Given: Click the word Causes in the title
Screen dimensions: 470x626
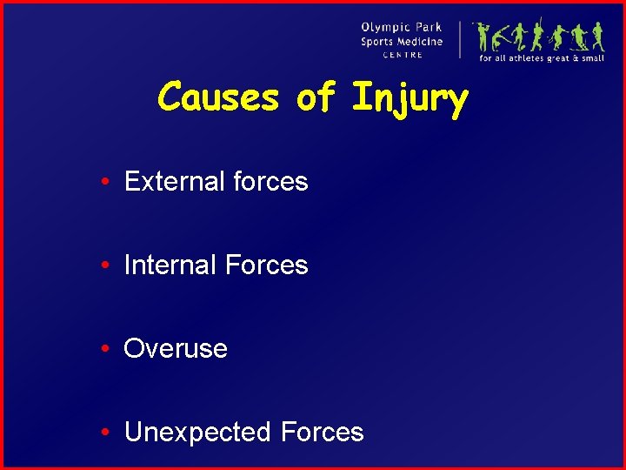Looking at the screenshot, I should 217,97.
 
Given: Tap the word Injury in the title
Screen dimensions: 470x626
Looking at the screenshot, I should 410,99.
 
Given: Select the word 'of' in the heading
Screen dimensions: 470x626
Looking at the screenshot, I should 315,97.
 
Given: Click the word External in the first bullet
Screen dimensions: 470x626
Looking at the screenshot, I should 175,181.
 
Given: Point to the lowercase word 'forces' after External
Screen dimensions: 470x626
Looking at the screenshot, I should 270,181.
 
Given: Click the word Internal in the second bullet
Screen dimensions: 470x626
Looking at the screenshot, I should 170,265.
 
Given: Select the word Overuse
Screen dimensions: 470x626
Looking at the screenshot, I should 176,348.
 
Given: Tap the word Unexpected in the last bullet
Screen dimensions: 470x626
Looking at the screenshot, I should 198,432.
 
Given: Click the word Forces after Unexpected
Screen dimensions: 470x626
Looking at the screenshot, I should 322,432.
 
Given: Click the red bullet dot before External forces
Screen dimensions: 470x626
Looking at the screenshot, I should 103,182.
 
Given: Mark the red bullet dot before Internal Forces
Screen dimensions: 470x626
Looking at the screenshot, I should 103,265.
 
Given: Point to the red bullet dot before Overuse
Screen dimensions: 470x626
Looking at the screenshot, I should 103,349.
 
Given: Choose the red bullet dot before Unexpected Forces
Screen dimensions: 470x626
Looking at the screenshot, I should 103,433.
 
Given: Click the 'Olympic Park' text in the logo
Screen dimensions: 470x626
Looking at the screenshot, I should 402,28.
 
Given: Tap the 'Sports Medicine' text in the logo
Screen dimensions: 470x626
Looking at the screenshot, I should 402,42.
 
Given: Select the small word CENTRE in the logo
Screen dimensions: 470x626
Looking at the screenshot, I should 403,55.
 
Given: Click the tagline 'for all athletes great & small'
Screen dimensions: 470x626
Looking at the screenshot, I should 541,58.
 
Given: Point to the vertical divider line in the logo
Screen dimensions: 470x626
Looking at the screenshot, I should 460,39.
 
